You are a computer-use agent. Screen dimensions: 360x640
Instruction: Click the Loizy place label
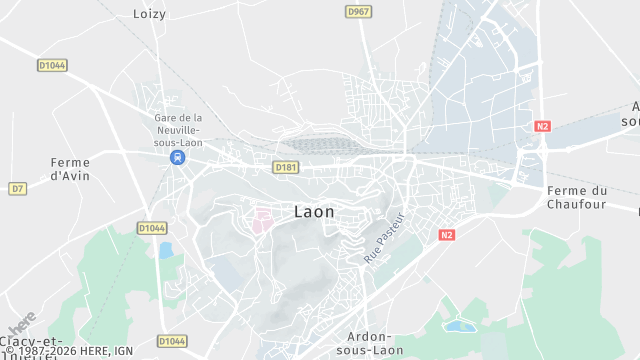point(150,14)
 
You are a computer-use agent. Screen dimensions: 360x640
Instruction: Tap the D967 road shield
point(358,11)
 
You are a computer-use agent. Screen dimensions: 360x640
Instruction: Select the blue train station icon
point(177,158)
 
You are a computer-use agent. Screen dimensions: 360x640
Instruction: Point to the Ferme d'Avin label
point(70,169)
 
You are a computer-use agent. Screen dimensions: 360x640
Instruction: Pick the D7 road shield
point(17,188)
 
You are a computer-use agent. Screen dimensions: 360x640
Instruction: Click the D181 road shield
point(287,167)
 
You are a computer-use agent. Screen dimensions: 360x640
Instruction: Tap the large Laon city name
point(315,212)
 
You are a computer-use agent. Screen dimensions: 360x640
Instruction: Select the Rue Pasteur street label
point(384,238)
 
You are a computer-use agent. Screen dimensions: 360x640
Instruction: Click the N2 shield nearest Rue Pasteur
point(447,234)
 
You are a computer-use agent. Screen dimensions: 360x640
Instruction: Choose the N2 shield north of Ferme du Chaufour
point(542,126)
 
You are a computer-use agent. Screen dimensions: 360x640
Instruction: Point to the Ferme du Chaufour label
point(577,197)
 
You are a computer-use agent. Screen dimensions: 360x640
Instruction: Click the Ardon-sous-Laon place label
point(371,343)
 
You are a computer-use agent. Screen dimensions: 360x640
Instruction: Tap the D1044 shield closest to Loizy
point(52,65)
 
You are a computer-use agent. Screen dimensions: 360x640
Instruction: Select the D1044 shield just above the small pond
point(151,228)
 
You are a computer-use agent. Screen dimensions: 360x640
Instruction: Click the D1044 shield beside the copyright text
point(172,342)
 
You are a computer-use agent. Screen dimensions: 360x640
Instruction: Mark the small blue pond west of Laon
point(165,250)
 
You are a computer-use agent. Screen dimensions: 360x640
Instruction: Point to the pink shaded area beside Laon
point(262,220)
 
